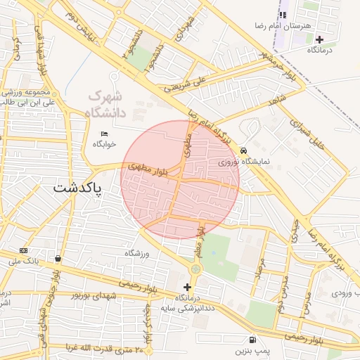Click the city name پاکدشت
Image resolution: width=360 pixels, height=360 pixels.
(77, 189)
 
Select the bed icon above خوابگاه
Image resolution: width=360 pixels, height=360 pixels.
(105, 134)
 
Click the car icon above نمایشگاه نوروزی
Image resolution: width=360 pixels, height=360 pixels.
(243, 150)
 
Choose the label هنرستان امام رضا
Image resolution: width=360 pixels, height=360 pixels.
(283, 25)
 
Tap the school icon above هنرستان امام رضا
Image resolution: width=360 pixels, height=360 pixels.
(283, 15)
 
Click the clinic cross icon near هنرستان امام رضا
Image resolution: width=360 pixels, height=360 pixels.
(320, 39)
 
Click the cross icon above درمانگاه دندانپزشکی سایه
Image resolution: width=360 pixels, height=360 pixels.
(187, 287)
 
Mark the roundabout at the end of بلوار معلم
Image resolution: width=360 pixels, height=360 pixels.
(195, 269)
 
